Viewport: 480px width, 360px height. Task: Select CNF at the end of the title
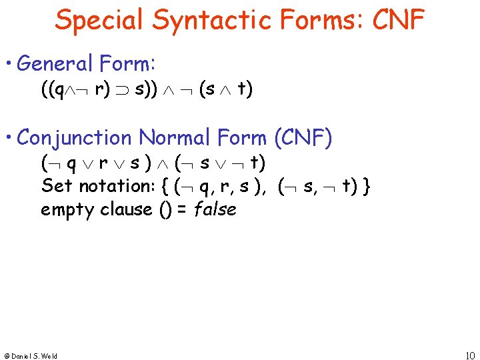pyautogui.click(x=398, y=19)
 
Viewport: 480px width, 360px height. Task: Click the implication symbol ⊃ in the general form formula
pyautogui.click(x=124, y=90)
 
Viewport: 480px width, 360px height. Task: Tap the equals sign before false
pyautogui.click(x=181, y=209)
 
